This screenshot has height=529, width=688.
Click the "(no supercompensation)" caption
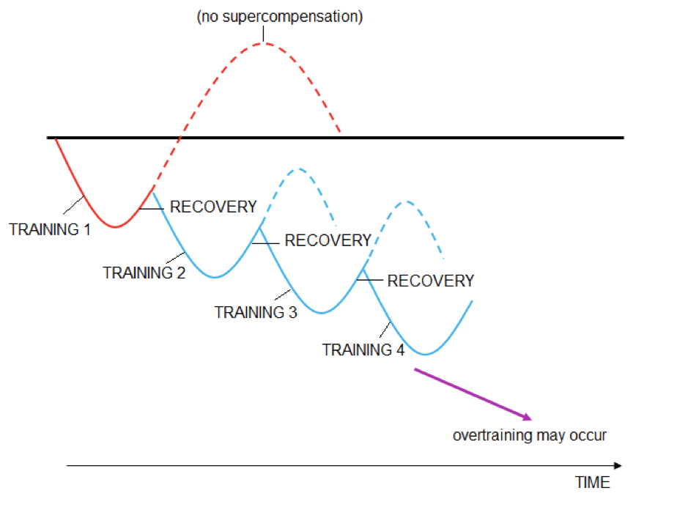coord(279,17)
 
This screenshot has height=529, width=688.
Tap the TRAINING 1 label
coord(50,229)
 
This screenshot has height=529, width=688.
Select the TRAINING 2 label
coord(144,273)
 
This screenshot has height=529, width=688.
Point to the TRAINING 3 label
coord(256,312)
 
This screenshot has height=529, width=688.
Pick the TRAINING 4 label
coord(363,349)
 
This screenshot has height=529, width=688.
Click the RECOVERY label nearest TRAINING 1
coord(213,207)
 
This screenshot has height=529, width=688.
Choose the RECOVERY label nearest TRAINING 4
coord(430,281)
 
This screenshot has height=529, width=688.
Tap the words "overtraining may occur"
coord(529,435)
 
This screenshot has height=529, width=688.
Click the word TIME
coord(592,483)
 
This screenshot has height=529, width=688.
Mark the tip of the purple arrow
coord(530,419)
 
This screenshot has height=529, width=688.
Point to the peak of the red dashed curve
coord(263,43)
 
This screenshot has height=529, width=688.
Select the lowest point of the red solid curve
coord(114,227)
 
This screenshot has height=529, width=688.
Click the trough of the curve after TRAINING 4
coord(426,355)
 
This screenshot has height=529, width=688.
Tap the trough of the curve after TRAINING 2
coord(214,277)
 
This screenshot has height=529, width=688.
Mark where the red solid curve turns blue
coord(152,191)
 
